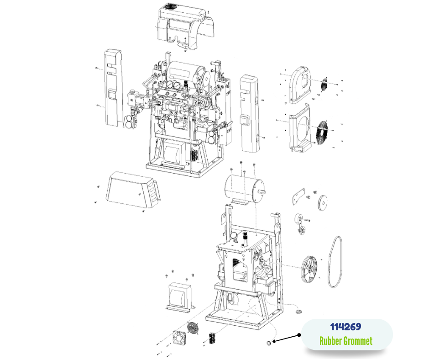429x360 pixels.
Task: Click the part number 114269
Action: click(x=345, y=327)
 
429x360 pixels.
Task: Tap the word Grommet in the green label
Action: click(x=358, y=341)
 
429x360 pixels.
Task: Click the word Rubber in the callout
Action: click(x=330, y=341)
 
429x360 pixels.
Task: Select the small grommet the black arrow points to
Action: click(x=269, y=343)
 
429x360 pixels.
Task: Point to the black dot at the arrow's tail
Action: click(x=299, y=335)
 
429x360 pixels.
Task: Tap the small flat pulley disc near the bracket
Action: click(x=323, y=203)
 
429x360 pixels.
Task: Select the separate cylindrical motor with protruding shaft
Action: click(x=244, y=190)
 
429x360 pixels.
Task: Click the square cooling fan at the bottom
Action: click(x=179, y=338)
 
